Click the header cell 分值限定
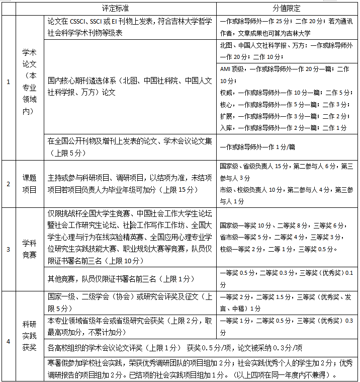[288, 9]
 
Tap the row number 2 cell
[8, 184]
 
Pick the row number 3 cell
[8, 249]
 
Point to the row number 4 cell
[8, 341]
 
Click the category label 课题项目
[29, 184]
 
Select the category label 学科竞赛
[29, 249]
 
